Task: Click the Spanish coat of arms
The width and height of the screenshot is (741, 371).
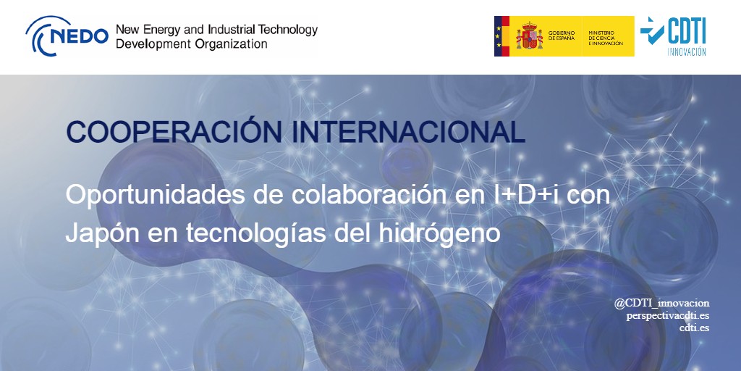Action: coord(528,36)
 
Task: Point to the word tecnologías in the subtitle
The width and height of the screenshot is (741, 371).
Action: coord(256,234)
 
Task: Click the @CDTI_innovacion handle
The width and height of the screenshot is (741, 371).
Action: coord(661,303)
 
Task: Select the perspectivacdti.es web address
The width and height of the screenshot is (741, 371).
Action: coord(667,315)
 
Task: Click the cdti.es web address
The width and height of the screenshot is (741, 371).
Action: coord(694,328)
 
